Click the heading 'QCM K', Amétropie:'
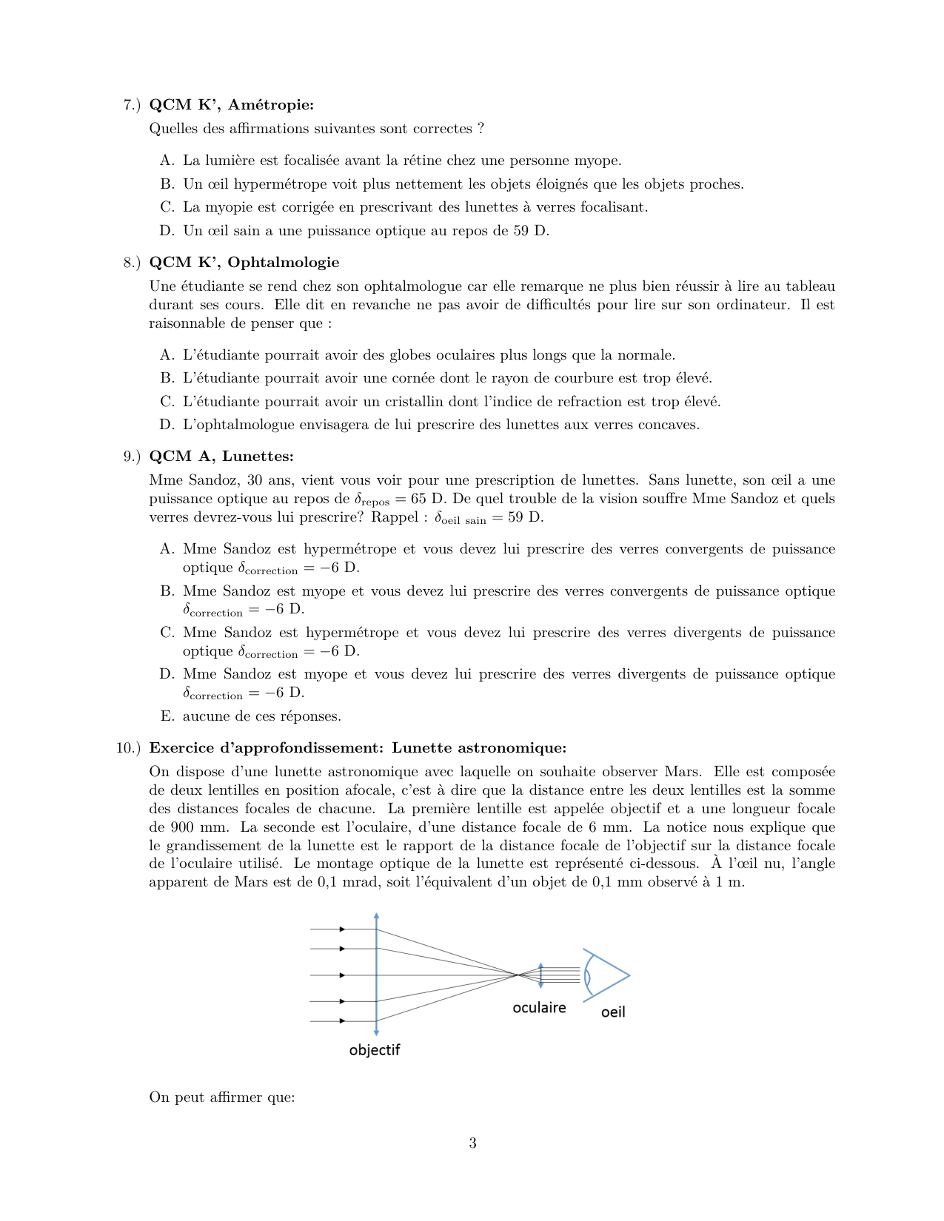pos(231,105)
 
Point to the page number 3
pos(472,1143)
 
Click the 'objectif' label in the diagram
pos(375,1050)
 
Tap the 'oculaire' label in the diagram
pos(539,1008)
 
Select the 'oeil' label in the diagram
pos(613,1012)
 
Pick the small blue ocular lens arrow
pos(541,975)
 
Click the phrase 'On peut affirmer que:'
pos(222,1097)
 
